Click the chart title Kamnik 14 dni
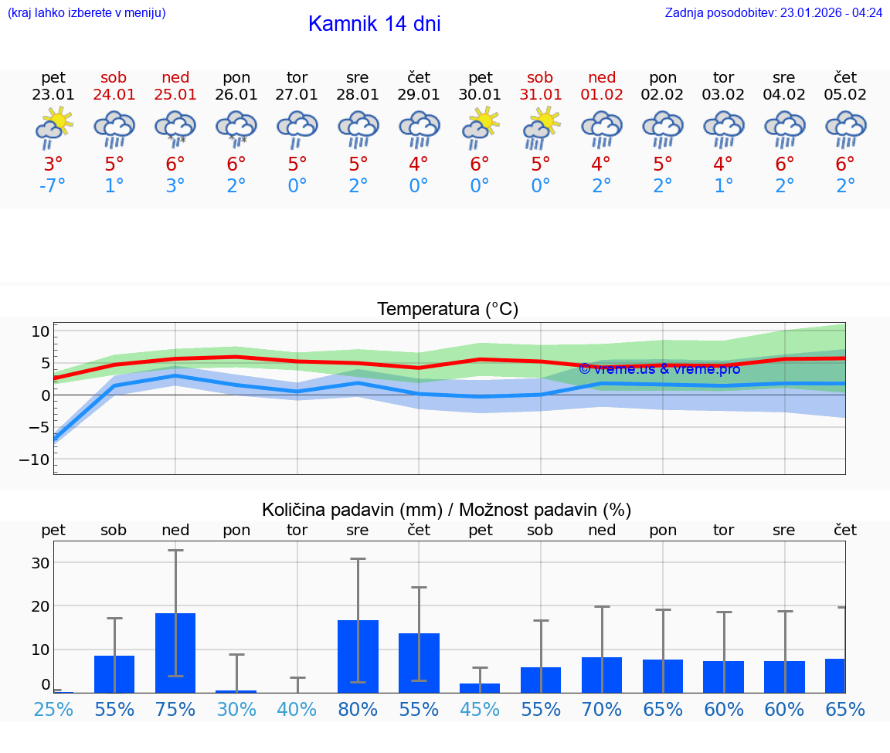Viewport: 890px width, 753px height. tap(374, 24)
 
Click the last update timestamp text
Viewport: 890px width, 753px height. tap(773, 12)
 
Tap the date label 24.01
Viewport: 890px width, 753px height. tap(114, 95)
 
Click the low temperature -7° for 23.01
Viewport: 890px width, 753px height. tap(53, 185)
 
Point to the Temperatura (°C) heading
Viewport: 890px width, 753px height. tap(447, 310)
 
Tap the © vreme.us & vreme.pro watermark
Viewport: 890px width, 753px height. tap(659, 368)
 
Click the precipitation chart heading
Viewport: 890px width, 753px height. tap(447, 510)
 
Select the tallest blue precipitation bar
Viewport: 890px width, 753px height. tap(175, 652)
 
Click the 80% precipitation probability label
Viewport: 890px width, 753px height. tap(358, 710)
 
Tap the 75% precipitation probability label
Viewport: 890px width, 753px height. tap(175, 710)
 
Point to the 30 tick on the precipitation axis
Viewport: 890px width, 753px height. tap(39, 563)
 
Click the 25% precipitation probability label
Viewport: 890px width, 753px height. tap(53, 710)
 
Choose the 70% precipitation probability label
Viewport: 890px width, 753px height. tap(602, 710)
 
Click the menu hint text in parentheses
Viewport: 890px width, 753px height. tap(87, 12)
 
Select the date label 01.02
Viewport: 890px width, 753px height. tap(602, 95)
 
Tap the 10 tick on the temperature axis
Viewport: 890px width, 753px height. tap(40, 331)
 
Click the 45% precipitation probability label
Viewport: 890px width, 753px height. tap(480, 710)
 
